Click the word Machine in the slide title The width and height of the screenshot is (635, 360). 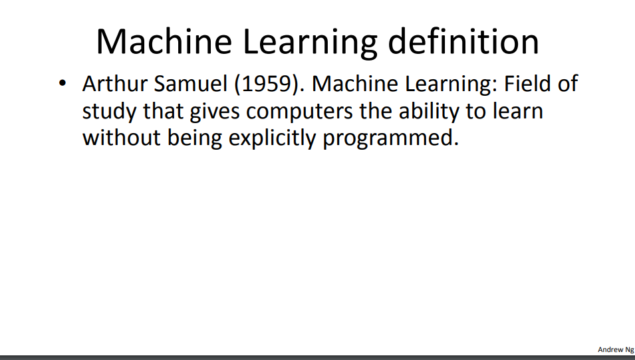point(164,41)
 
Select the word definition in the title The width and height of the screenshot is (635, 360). point(463,41)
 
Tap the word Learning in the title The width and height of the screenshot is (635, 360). point(311,44)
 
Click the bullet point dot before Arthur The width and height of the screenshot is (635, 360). point(63,84)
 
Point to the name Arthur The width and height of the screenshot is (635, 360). point(114,84)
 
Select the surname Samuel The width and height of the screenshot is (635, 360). point(191,84)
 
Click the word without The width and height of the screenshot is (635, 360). point(122,138)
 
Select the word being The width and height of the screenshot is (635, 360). point(195,138)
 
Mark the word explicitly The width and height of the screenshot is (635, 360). point(272,138)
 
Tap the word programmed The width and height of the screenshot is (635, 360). point(391,138)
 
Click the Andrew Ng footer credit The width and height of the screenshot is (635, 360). point(616,349)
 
